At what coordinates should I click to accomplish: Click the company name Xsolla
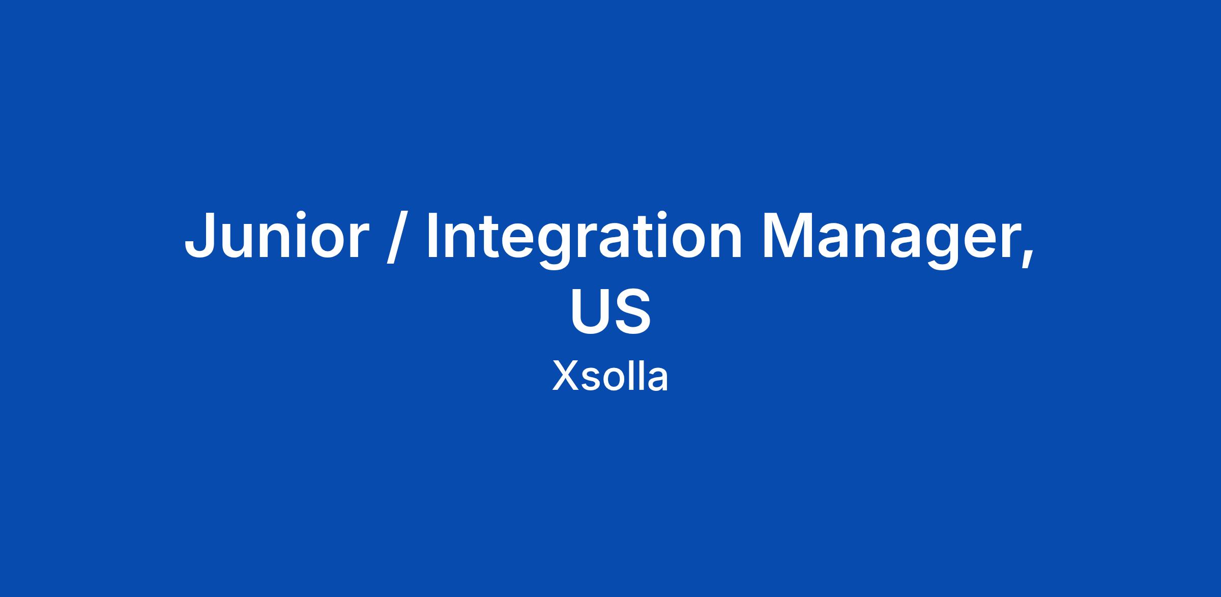point(610,376)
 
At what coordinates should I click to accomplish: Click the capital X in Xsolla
point(565,376)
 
